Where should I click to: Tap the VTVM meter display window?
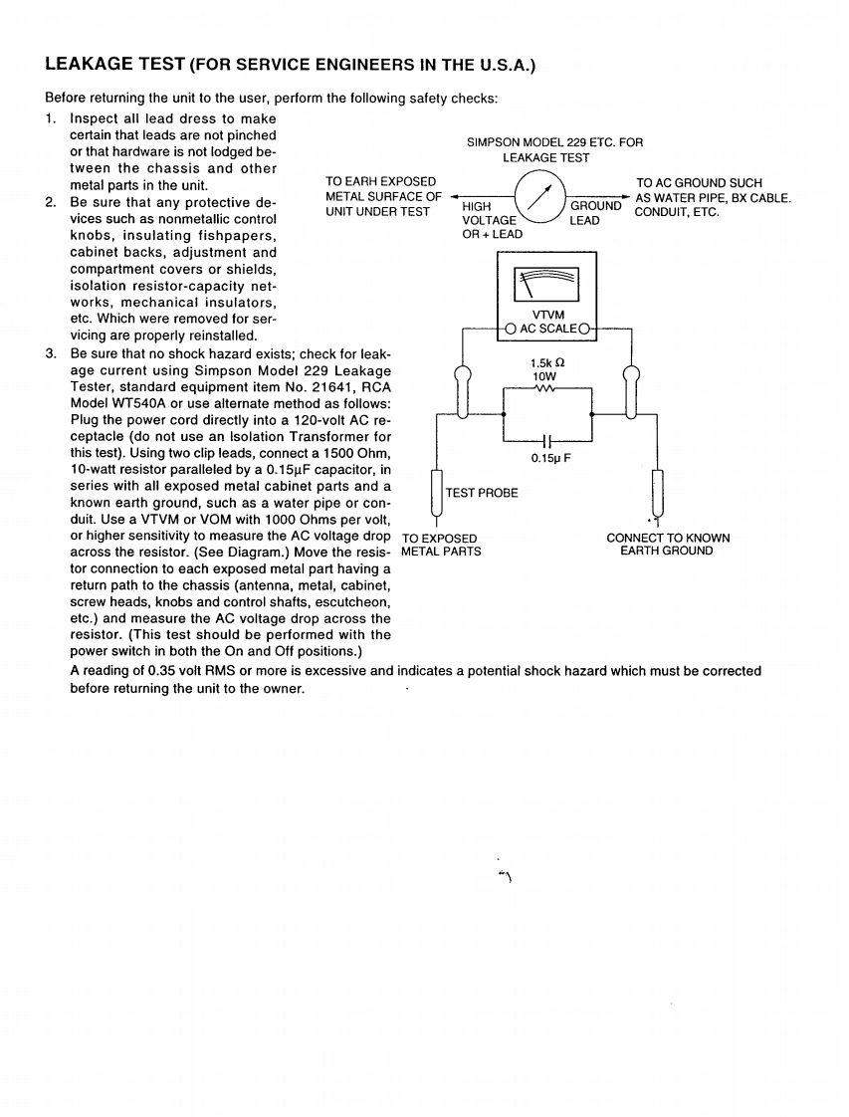click(547, 286)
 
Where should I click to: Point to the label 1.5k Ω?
click(547, 363)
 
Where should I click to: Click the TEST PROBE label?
click(482, 493)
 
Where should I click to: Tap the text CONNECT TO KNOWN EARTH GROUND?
click(668, 545)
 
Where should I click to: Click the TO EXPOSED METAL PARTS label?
click(440, 545)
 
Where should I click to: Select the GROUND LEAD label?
click(594, 213)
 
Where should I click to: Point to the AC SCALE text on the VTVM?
click(547, 329)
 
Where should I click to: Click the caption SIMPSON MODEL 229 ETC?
click(554, 142)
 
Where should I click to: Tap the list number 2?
click(51, 203)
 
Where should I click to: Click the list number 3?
click(51, 354)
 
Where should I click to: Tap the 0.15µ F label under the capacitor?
click(549, 458)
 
